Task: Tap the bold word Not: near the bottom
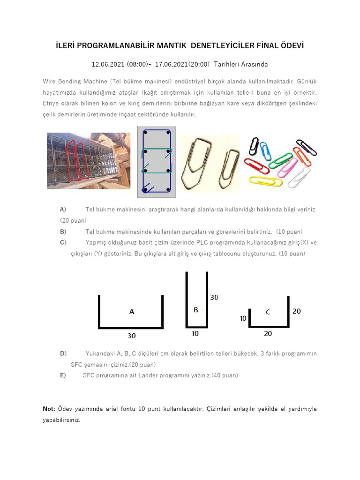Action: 49,409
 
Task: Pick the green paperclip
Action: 282,160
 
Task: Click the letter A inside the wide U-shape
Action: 131,311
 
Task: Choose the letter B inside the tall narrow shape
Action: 196,310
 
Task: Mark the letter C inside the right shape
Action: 268,312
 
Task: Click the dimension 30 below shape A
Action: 132,336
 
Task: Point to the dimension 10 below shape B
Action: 196,334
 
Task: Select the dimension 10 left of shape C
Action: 243,318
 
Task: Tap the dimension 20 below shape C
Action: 268,333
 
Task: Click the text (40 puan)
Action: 225,375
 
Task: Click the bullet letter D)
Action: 63,353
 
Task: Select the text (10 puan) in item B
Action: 289,232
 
